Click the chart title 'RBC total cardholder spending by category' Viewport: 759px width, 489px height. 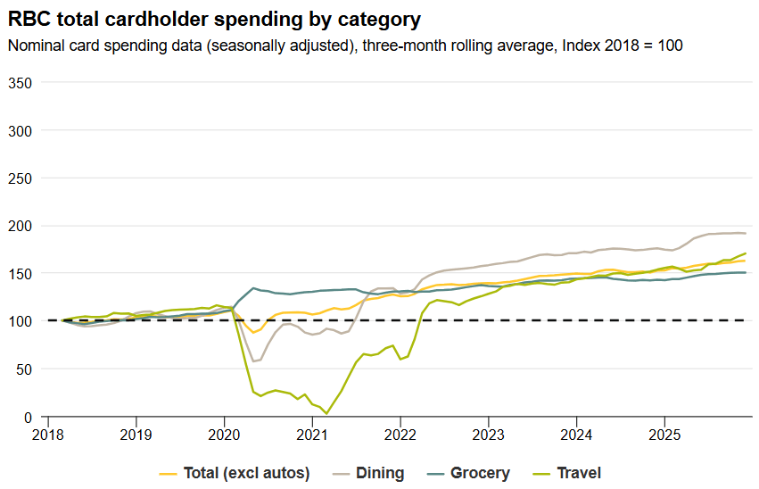coord(214,18)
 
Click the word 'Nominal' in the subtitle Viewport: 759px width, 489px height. coord(35,46)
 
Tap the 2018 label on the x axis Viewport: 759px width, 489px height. coord(48,435)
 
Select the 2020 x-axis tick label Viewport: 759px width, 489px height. coord(224,435)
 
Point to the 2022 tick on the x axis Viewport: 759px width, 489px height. coord(400,435)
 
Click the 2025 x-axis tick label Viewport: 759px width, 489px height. coord(664,435)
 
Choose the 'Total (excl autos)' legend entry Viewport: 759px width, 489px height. coord(246,473)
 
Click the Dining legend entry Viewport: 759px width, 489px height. coord(380,473)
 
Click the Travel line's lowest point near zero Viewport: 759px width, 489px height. coord(326,413)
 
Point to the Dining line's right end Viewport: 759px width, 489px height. coord(745,234)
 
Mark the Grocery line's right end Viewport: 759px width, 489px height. coord(745,272)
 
